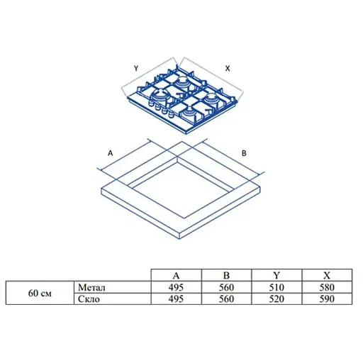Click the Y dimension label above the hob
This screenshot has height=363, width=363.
136,68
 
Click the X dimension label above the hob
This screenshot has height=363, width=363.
228,69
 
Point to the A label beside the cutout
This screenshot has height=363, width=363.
110,153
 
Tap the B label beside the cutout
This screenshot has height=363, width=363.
244,153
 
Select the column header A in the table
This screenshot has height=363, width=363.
176,276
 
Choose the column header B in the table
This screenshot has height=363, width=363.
226,275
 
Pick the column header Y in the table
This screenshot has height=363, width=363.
277,275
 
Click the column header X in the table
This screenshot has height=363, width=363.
327,275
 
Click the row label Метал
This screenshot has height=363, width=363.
91,287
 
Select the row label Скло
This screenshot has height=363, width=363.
89,299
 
